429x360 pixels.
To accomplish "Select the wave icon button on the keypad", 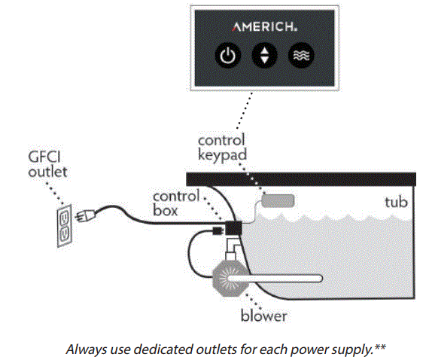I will click(x=302, y=56).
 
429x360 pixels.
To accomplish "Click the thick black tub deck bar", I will click(x=300, y=178).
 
